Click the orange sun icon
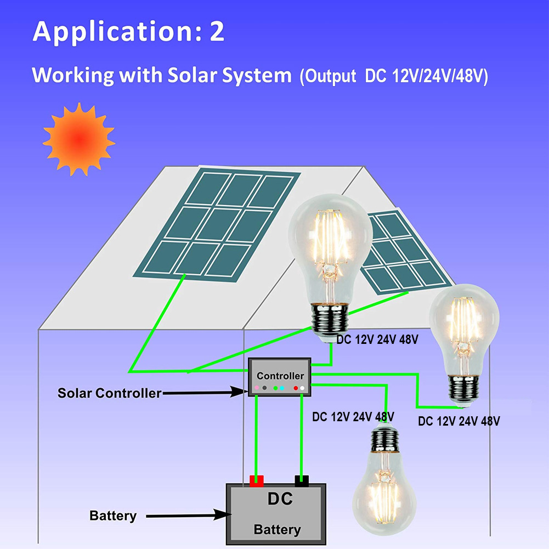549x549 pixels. (78, 139)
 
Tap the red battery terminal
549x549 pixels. (257, 481)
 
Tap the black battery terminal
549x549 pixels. (302, 481)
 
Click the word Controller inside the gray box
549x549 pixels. (280, 376)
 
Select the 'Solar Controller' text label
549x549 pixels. (110, 393)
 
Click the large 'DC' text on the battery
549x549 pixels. (280, 499)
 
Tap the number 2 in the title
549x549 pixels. (217, 32)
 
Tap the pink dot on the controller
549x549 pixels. (257, 388)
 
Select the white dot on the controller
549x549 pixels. (302, 388)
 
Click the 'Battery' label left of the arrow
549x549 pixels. (113, 516)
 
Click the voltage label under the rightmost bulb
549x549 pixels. (459, 422)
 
